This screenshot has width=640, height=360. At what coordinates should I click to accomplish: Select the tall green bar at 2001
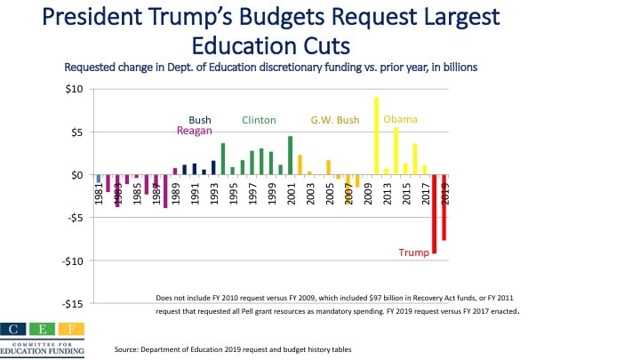coord(290,156)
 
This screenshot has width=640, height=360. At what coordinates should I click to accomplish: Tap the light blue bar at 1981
coord(98,179)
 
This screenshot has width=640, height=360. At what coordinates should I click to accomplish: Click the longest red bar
coord(434,214)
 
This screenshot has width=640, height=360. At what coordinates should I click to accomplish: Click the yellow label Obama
coord(400,119)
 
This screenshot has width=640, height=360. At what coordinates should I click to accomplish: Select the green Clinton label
coord(259,120)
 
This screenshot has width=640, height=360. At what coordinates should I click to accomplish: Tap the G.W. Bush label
coord(333,120)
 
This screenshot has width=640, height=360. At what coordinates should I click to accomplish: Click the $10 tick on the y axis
coord(75,89)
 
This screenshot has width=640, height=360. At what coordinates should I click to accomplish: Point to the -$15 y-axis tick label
coord(73,304)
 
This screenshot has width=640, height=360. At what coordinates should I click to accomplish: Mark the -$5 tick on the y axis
coord(75,218)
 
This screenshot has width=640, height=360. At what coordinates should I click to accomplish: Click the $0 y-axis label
coord(77,175)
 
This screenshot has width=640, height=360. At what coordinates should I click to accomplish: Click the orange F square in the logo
coord(74,329)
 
